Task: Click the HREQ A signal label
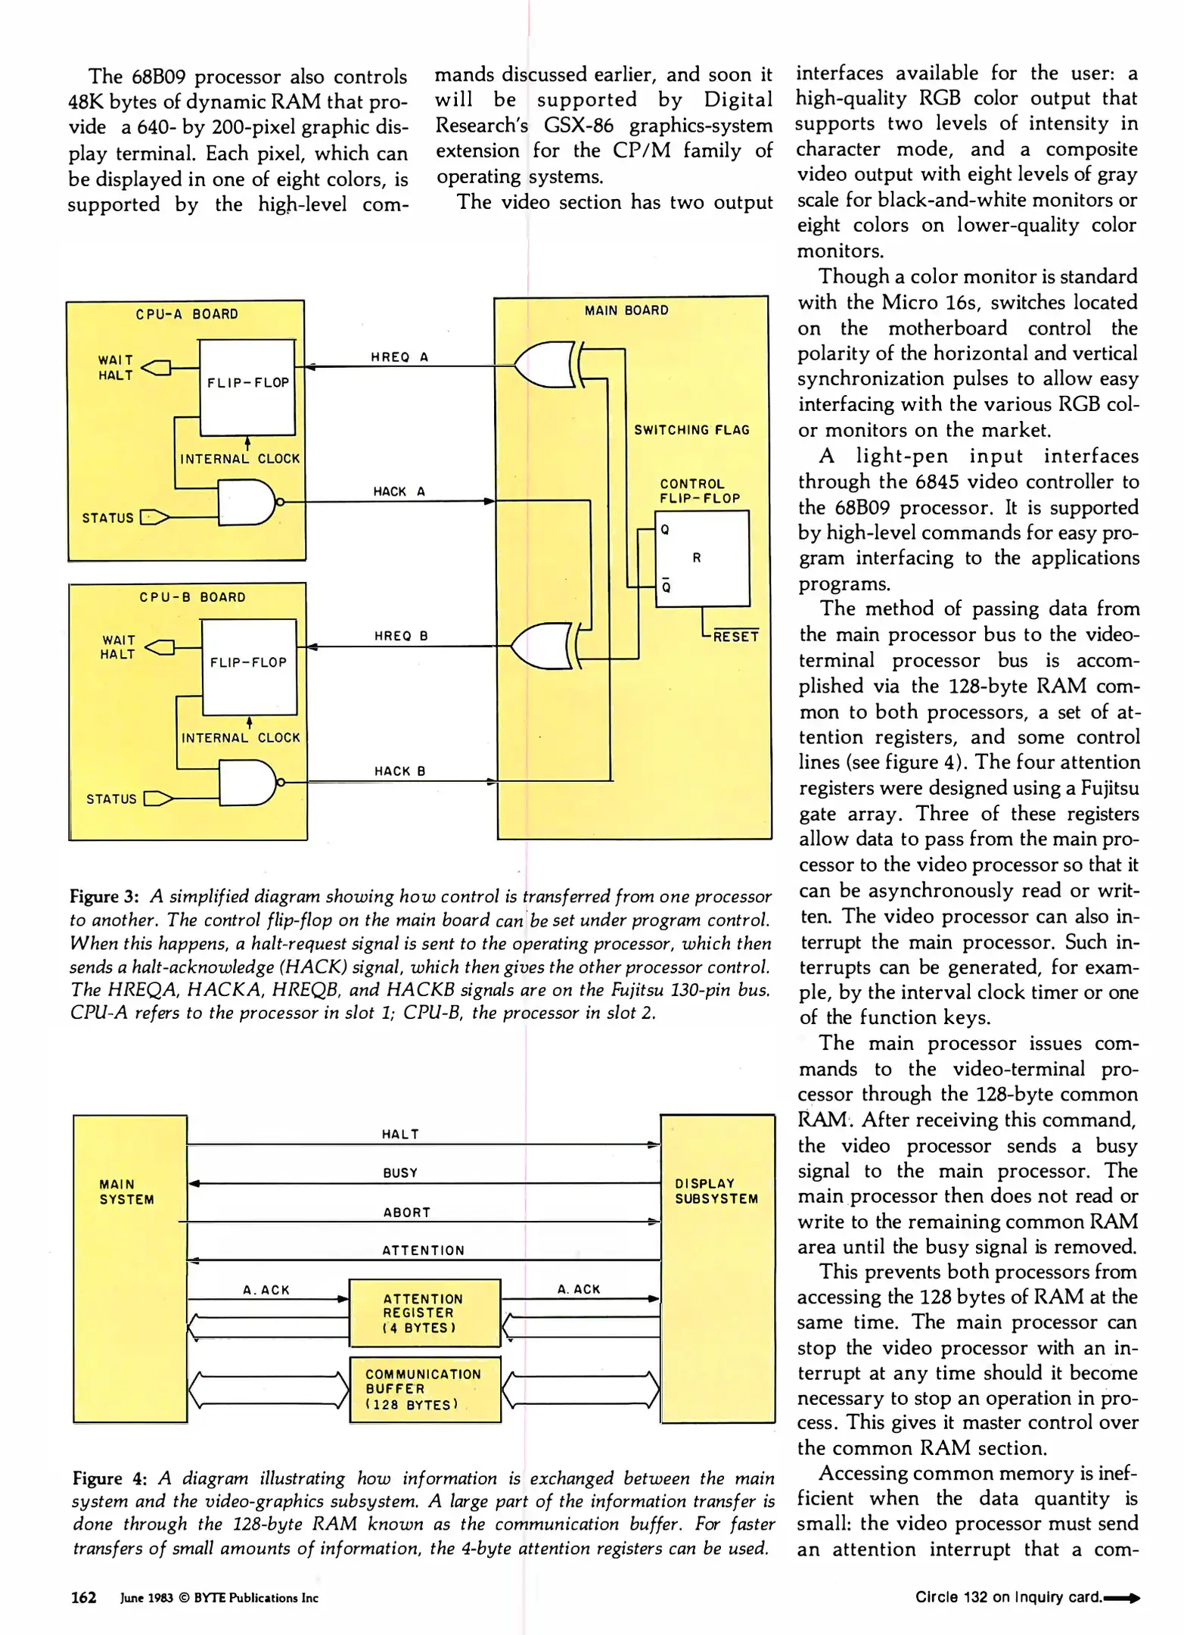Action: click(x=399, y=357)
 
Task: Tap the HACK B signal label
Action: click(x=399, y=771)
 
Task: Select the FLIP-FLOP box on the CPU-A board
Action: click(x=247, y=387)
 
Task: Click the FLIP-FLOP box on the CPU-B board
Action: click(x=249, y=666)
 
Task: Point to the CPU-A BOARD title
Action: click(x=187, y=314)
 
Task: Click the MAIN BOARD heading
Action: click(x=626, y=310)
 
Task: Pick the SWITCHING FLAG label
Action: click(x=691, y=430)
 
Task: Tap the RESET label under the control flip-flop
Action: click(x=735, y=637)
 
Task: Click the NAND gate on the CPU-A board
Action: click(x=247, y=502)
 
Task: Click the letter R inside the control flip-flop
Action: click(x=697, y=558)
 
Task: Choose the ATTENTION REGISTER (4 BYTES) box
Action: click(x=424, y=1313)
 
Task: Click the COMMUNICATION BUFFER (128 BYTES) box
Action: click(x=424, y=1389)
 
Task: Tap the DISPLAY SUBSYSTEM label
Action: click(x=716, y=1191)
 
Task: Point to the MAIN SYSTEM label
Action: click(x=126, y=1191)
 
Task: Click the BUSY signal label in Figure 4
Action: click(x=400, y=1173)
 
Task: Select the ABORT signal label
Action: click(x=406, y=1212)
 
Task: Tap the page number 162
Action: click(x=83, y=1597)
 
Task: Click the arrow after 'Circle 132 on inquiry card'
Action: click(x=1122, y=1598)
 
